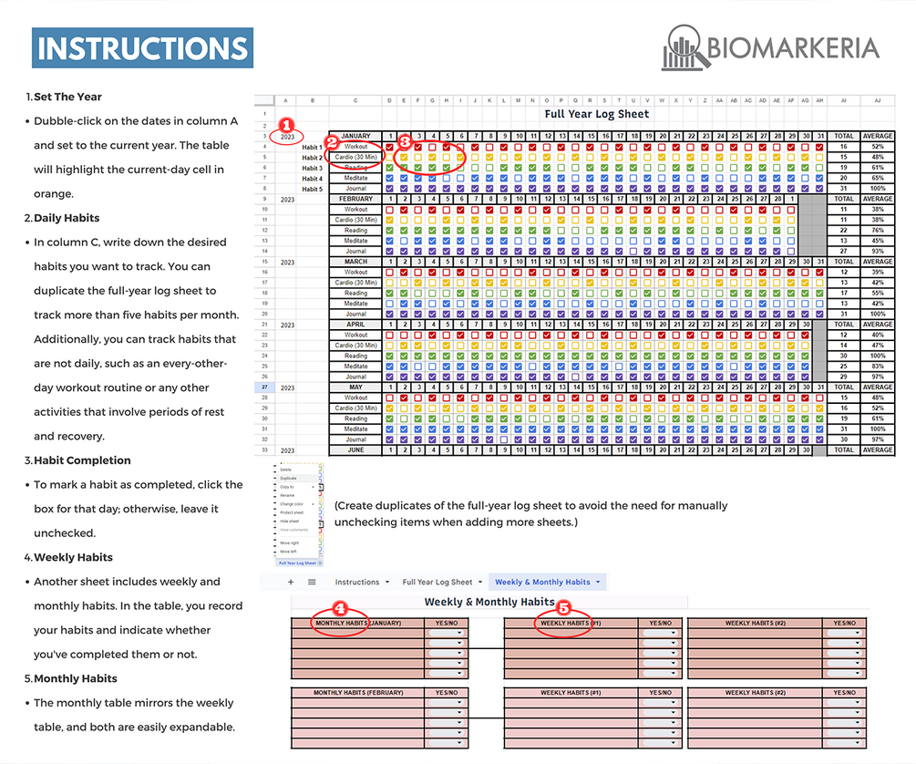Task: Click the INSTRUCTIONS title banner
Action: (x=142, y=48)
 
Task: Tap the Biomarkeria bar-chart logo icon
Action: (x=685, y=47)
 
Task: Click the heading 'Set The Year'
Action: (x=67, y=97)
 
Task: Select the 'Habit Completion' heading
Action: (x=82, y=460)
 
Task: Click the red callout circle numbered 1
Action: (x=286, y=125)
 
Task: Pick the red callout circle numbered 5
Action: (x=563, y=607)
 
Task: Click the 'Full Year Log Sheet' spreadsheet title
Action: (x=596, y=114)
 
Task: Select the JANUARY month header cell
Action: (x=355, y=136)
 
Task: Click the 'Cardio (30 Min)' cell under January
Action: (x=355, y=157)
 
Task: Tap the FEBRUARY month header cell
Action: (x=355, y=199)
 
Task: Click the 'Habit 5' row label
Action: (x=312, y=189)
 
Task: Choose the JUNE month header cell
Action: (x=355, y=449)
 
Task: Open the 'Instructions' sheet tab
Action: (x=357, y=582)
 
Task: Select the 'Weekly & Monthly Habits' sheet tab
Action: (x=542, y=582)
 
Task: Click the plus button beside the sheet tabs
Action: (x=291, y=582)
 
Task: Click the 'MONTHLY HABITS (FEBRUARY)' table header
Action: (x=357, y=693)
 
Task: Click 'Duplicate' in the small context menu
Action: (x=288, y=478)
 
